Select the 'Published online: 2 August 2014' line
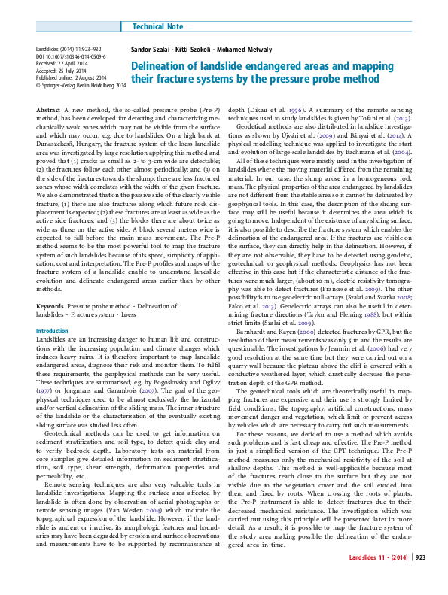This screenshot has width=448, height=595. coord(71,78)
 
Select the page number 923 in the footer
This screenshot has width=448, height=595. coord(420,578)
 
